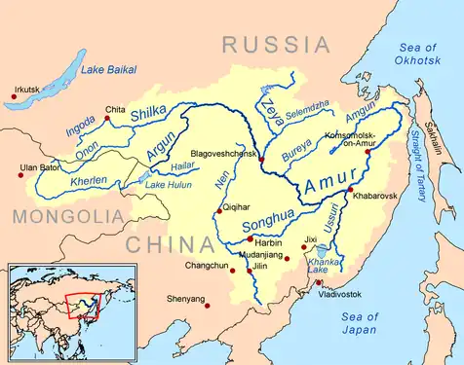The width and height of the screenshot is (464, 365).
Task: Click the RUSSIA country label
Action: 276,44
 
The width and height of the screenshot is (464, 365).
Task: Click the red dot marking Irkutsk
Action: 14,95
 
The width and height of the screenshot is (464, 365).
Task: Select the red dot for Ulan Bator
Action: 21,175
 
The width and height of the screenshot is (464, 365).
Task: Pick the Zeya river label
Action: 270,100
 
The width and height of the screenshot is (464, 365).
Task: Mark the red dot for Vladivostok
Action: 319,283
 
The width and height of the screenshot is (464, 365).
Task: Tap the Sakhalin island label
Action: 446,146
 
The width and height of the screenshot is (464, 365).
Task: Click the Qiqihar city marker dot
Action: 218,210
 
